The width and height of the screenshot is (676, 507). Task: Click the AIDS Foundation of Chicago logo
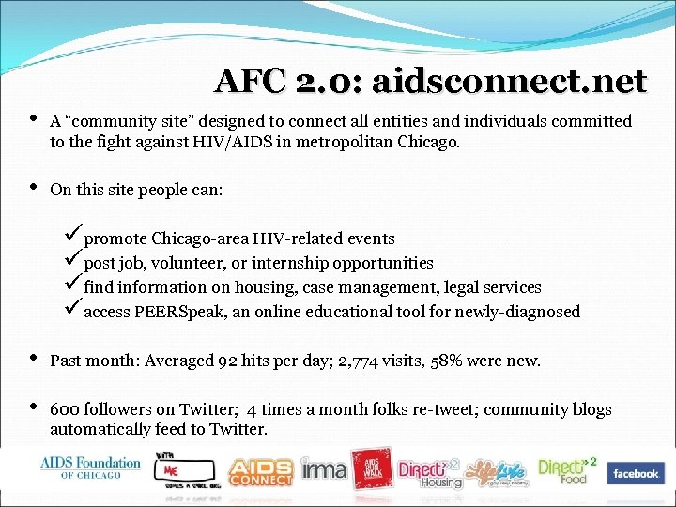(x=90, y=467)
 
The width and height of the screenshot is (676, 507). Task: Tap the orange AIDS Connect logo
(x=260, y=470)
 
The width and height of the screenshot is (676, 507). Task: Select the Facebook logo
(x=636, y=473)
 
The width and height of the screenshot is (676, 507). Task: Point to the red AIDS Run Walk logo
(x=370, y=470)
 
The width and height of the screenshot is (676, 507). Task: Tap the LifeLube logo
(x=498, y=470)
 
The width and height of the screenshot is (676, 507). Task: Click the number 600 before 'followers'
(x=64, y=409)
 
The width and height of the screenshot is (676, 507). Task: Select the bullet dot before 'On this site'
(x=34, y=189)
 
